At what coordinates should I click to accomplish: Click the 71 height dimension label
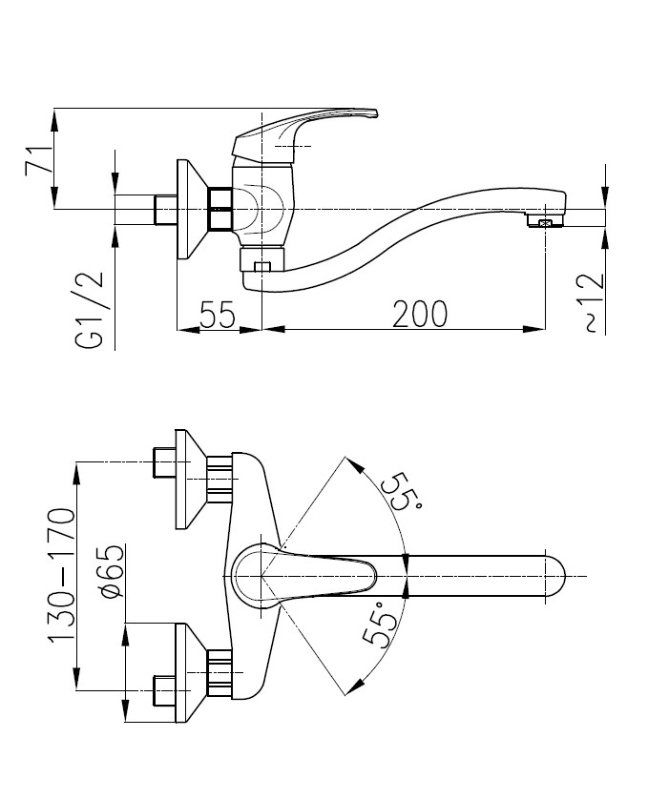[37, 158]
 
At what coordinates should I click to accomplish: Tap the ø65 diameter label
[112, 573]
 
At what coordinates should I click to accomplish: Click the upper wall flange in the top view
[188, 480]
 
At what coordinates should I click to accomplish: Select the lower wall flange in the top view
[188, 671]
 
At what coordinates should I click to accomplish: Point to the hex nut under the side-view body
[262, 263]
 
